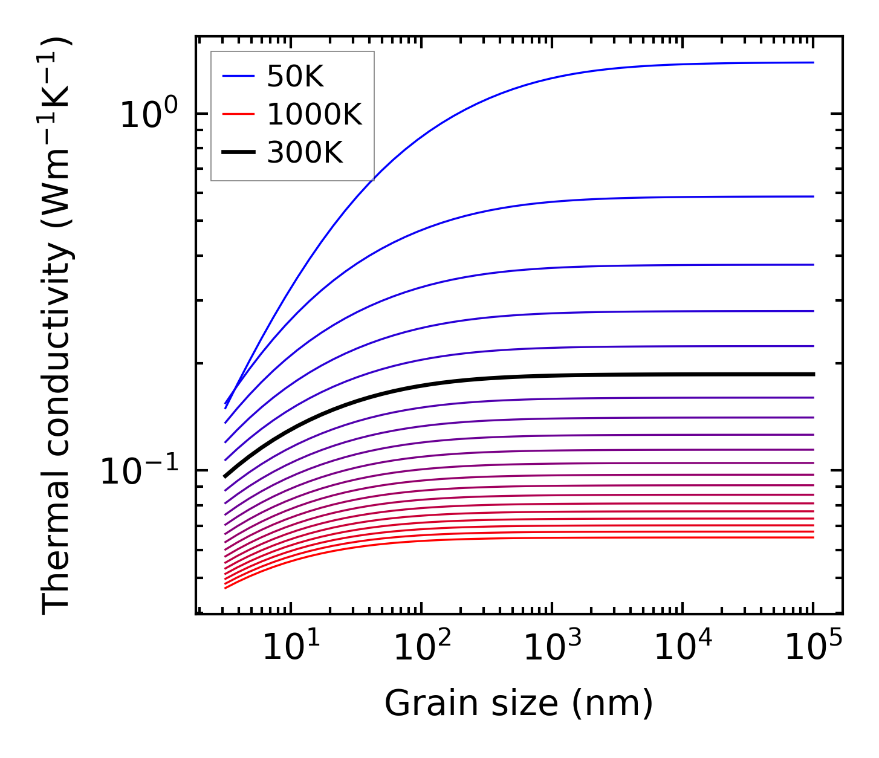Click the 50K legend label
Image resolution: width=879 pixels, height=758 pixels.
(x=295, y=77)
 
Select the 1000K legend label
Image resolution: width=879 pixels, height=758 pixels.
(x=314, y=115)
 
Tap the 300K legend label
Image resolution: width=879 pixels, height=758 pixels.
(x=305, y=153)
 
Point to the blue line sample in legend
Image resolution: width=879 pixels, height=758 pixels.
(x=238, y=77)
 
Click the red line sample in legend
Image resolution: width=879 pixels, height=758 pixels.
(x=238, y=115)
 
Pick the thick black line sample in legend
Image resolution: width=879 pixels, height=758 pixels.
(x=238, y=153)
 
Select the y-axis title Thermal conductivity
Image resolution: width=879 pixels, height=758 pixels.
(x=57, y=326)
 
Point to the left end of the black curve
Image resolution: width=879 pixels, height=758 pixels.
(x=225, y=476)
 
